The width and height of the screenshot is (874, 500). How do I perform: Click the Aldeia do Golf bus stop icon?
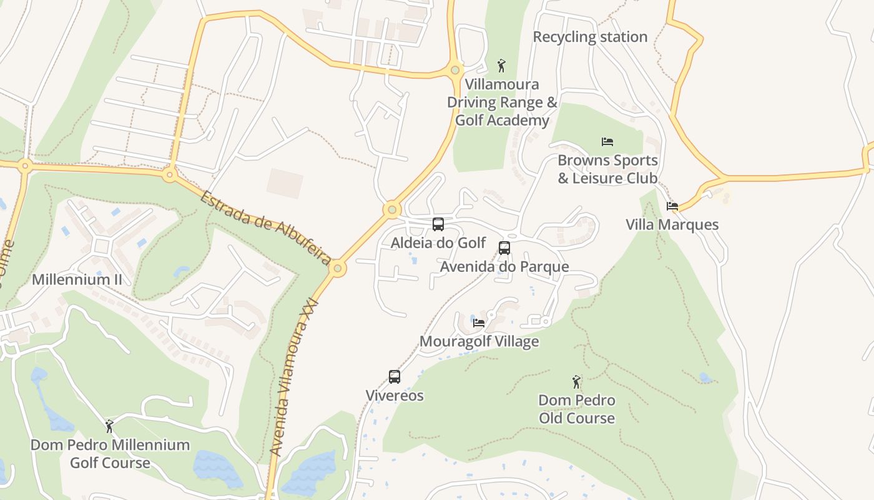[438, 224]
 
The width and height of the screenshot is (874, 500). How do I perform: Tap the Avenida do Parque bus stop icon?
[504, 248]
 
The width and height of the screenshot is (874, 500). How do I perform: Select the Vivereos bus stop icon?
[395, 377]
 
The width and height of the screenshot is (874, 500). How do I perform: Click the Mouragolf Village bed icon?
[479, 323]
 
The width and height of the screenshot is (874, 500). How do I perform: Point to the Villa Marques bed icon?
[672, 206]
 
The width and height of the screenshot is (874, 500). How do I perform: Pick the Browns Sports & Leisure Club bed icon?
[607, 142]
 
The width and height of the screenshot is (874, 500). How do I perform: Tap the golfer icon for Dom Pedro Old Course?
[576, 381]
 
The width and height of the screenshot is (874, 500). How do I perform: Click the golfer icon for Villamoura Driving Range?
[501, 66]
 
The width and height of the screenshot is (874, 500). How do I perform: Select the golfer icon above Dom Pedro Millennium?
[110, 426]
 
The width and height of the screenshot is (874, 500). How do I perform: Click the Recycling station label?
[590, 37]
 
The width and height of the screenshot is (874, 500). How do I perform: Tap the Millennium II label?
[77, 279]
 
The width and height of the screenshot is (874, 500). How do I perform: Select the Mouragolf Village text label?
[479, 341]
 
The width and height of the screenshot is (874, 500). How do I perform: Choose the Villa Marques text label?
[672, 224]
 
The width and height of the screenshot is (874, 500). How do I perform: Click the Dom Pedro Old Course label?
[576, 409]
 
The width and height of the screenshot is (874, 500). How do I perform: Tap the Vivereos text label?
[395, 396]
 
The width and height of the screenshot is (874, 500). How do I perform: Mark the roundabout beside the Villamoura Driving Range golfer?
[455, 70]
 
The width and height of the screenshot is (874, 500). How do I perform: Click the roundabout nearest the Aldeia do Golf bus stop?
[392, 209]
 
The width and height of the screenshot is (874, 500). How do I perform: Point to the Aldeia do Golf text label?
[438, 242]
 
